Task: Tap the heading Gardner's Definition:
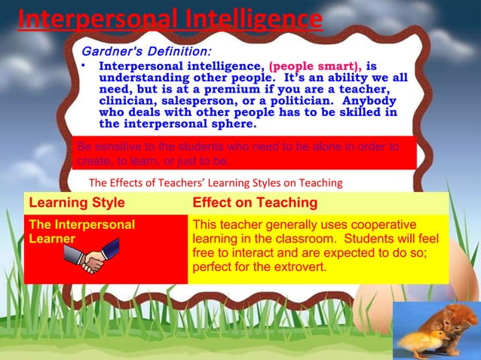click(146, 52)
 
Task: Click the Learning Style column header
click(76, 203)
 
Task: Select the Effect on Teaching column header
click(255, 203)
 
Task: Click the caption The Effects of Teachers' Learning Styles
click(215, 182)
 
